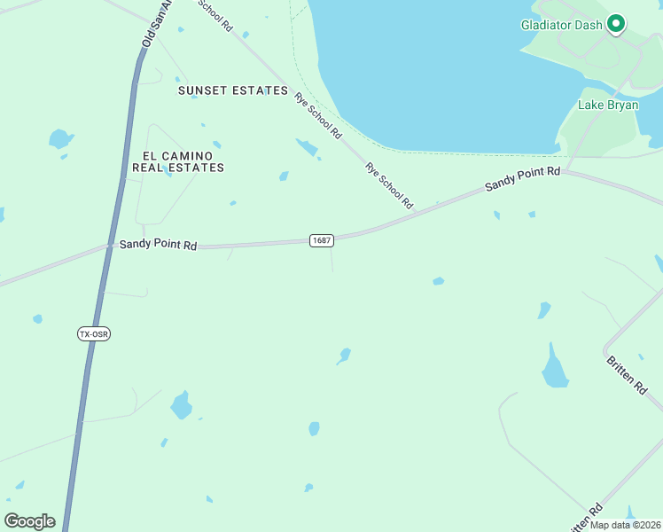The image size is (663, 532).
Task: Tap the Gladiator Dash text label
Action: [x=561, y=25]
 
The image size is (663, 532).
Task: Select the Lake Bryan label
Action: [x=604, y=106]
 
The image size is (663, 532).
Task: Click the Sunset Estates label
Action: [x=233, y=90]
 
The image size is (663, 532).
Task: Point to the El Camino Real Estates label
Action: [x=178, y=160]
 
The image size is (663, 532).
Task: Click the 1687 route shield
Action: [x=322, y=241]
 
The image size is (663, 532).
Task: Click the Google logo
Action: [x=30, y=521]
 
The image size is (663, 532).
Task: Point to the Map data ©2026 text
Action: [x=626, y=525]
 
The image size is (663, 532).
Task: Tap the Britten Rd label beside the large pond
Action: [x=627, y=375]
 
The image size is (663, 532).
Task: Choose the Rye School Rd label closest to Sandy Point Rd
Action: [x=390, y=186]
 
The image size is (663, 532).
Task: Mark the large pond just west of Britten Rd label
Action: [x=555, y=368]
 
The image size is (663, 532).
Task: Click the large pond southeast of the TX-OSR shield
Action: [x=182, y=405]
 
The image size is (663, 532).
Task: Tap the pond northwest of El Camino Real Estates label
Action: [x=60, y=138]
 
